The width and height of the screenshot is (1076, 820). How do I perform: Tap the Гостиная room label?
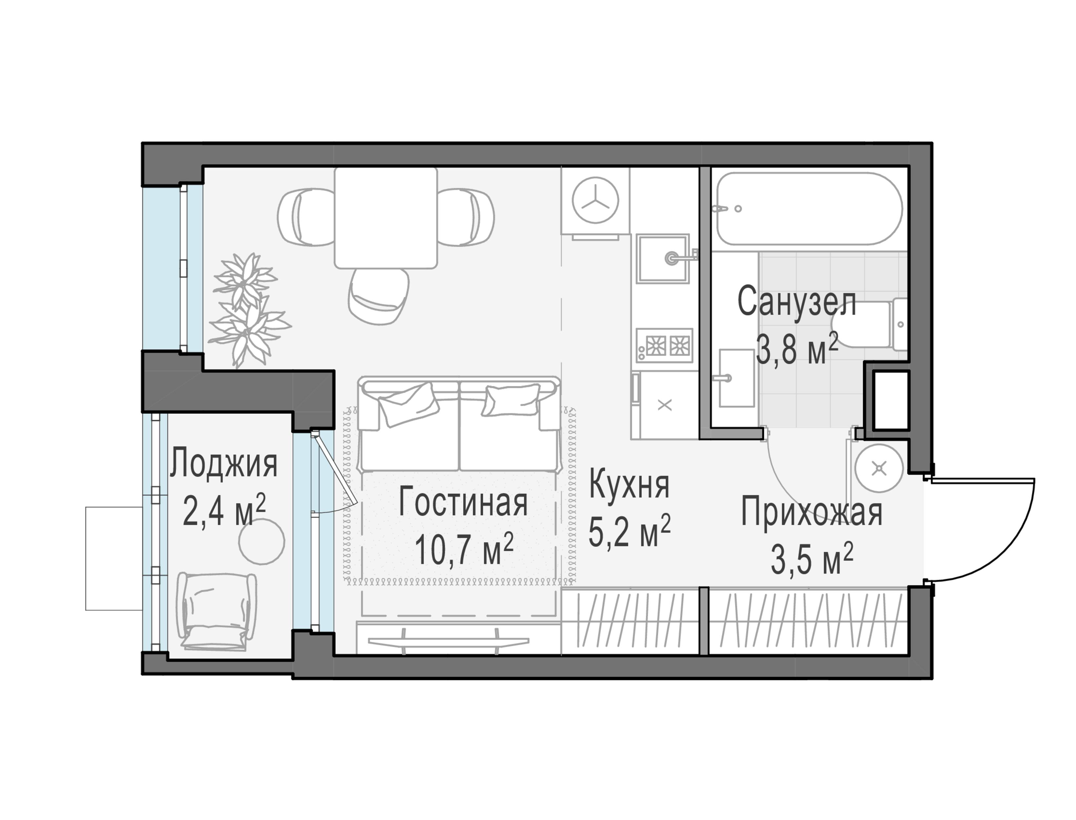pos(463,503)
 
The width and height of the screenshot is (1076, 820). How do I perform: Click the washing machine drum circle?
pos(595,200)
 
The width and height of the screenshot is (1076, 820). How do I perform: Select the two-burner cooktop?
pos(664,346)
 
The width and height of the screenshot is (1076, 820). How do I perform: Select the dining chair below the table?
pos(379,296)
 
